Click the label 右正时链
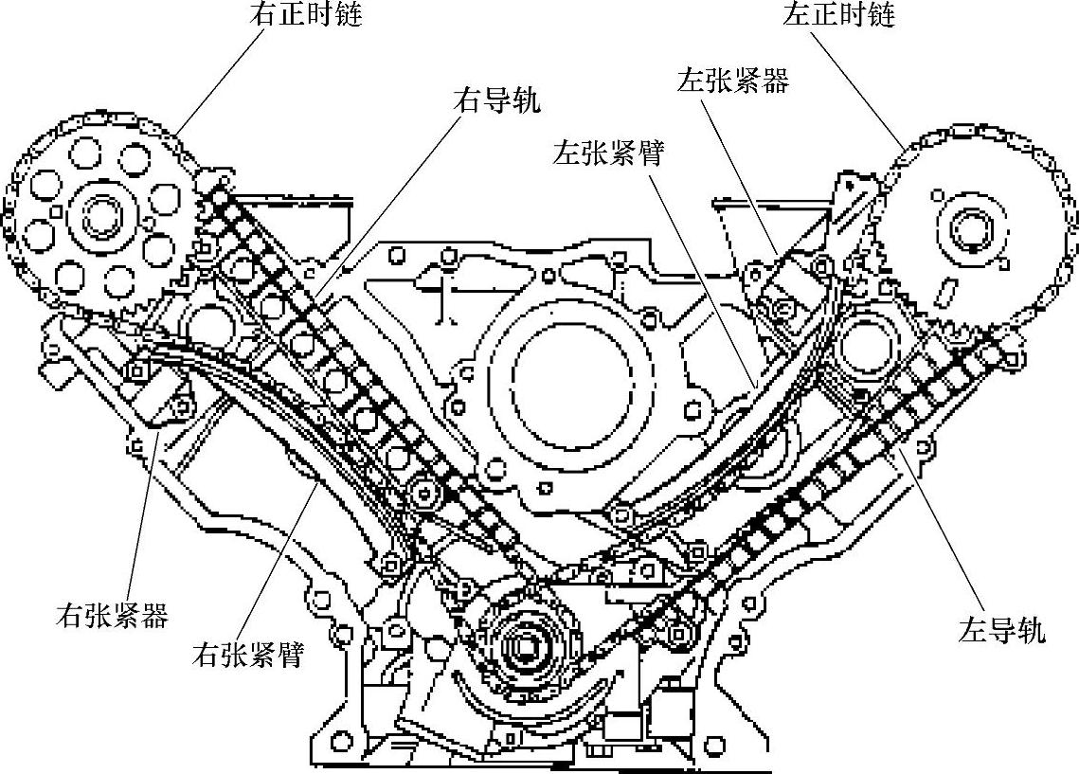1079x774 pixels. point(306,15)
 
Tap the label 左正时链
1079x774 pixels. point(839,15)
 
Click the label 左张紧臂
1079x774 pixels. point(608,153)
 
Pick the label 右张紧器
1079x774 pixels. point(112,617)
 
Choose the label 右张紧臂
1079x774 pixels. point(247,654)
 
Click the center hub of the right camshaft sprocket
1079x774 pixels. point(99,217)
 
